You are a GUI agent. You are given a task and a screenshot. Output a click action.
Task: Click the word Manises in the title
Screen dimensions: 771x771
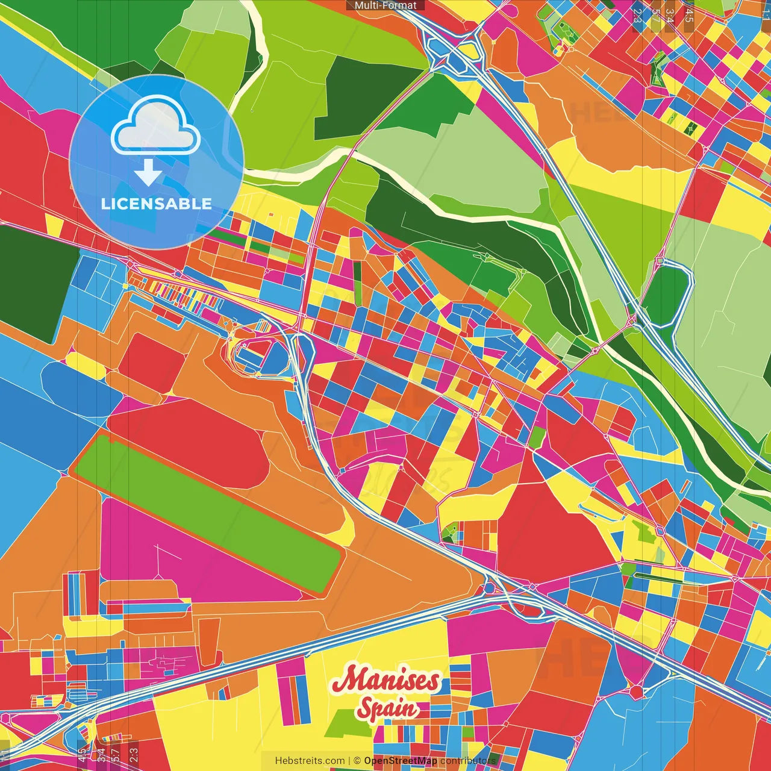[x=385, y=681]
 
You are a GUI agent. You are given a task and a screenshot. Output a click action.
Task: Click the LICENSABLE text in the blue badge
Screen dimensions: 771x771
[x=156, y=204]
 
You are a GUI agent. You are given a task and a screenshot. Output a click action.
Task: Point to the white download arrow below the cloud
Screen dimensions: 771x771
[x=148, y=173]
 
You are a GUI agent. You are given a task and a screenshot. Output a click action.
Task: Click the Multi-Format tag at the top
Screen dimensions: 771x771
[x=385, y=5]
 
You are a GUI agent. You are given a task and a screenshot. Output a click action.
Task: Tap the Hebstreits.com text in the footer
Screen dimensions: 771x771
[x=310, y=761]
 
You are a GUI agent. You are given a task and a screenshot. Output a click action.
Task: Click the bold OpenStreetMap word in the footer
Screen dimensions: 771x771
[x=401, y=761]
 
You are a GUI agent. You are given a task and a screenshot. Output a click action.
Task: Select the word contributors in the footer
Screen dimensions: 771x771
[x=468, y=761]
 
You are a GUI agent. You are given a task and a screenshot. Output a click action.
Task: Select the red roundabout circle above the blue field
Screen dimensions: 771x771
[x=637, y=691]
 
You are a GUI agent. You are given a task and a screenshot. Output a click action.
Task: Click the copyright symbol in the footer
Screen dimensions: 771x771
[x=357, y=761]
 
